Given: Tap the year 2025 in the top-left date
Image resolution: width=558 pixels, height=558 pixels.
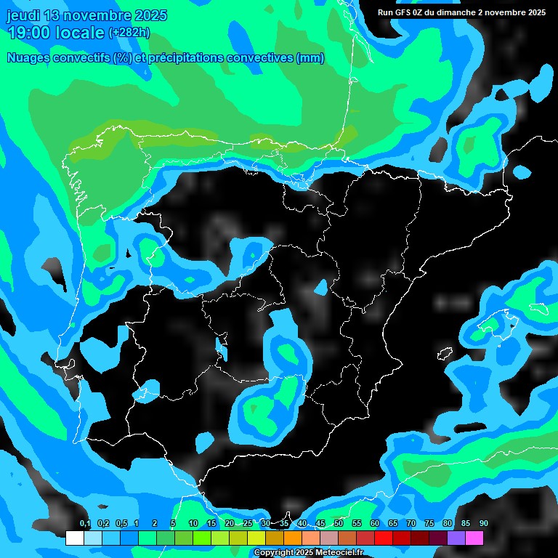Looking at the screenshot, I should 148,15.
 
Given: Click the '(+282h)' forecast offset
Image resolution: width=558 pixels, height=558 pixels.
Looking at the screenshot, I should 129,33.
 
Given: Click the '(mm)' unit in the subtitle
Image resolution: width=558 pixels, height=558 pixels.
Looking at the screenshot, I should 310,58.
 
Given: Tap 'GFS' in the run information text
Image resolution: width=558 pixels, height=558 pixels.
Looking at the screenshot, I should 408,12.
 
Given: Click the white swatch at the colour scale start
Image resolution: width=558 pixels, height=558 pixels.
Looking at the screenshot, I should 74,538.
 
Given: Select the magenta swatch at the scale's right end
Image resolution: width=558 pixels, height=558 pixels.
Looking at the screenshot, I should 474,538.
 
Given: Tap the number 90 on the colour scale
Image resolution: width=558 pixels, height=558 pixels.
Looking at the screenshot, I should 483,524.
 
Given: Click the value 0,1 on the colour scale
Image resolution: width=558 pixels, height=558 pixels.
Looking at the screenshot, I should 84,524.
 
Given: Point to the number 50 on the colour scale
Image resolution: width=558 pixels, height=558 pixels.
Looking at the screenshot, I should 338,524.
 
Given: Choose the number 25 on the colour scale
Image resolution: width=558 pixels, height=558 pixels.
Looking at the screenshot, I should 247,524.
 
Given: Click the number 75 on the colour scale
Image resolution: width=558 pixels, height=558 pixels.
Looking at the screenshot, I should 429,524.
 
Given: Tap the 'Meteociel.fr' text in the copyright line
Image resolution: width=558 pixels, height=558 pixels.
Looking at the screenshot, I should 339,553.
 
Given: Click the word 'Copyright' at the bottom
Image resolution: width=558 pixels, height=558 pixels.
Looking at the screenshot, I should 274,553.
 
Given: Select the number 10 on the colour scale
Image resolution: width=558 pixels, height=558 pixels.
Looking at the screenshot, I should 193,524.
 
